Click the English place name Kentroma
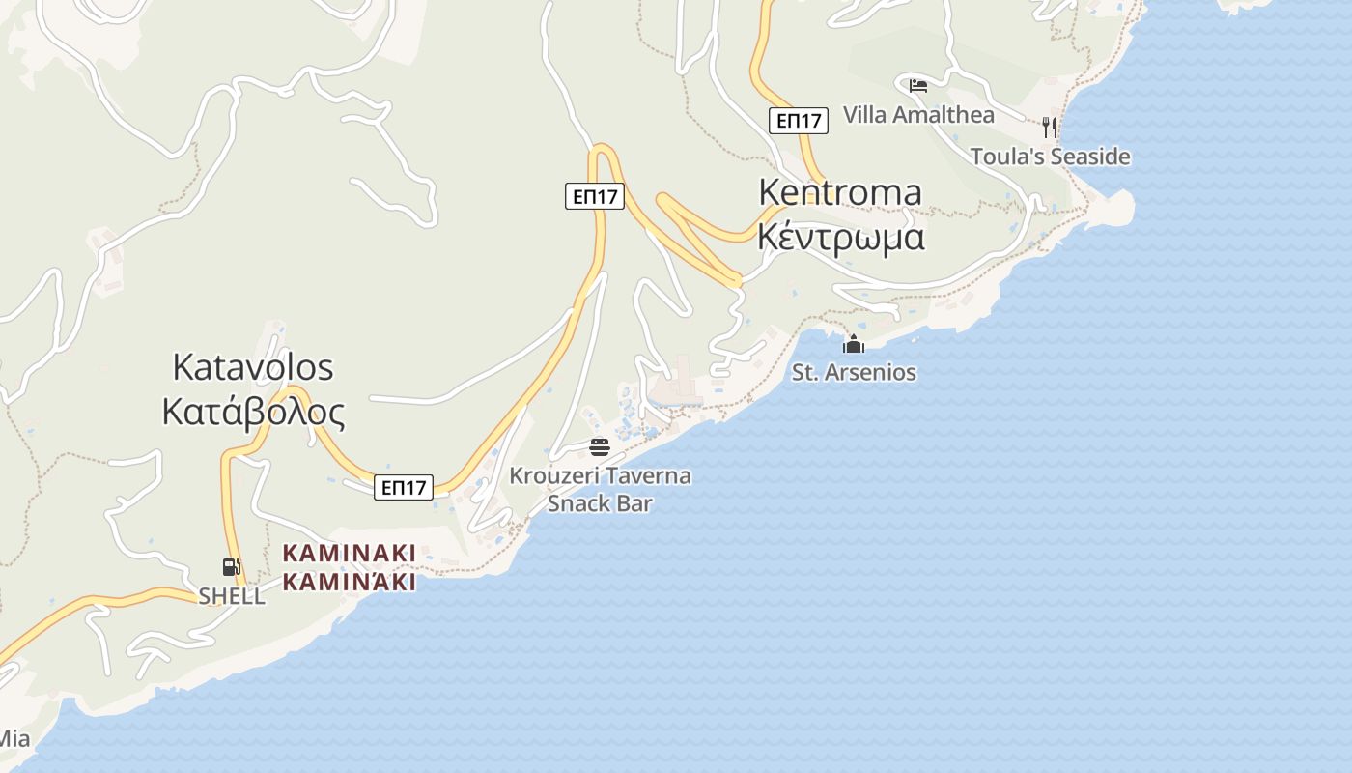840,192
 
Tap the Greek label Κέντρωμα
840,237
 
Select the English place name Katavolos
253,367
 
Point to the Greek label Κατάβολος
253,413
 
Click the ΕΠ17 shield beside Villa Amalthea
799,121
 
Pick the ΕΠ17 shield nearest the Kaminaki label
404,488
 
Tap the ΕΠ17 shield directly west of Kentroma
595,197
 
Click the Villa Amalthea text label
918,115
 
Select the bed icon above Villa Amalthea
918,86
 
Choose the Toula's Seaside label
1050,157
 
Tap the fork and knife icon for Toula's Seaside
1050,127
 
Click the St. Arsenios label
854,372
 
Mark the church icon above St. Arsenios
854,344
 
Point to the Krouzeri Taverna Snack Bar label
600,489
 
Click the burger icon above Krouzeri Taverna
600,446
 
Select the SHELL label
232,596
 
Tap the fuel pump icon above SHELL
231,567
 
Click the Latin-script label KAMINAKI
349,554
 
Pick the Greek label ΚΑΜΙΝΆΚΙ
349,583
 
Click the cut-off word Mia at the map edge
14,740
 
